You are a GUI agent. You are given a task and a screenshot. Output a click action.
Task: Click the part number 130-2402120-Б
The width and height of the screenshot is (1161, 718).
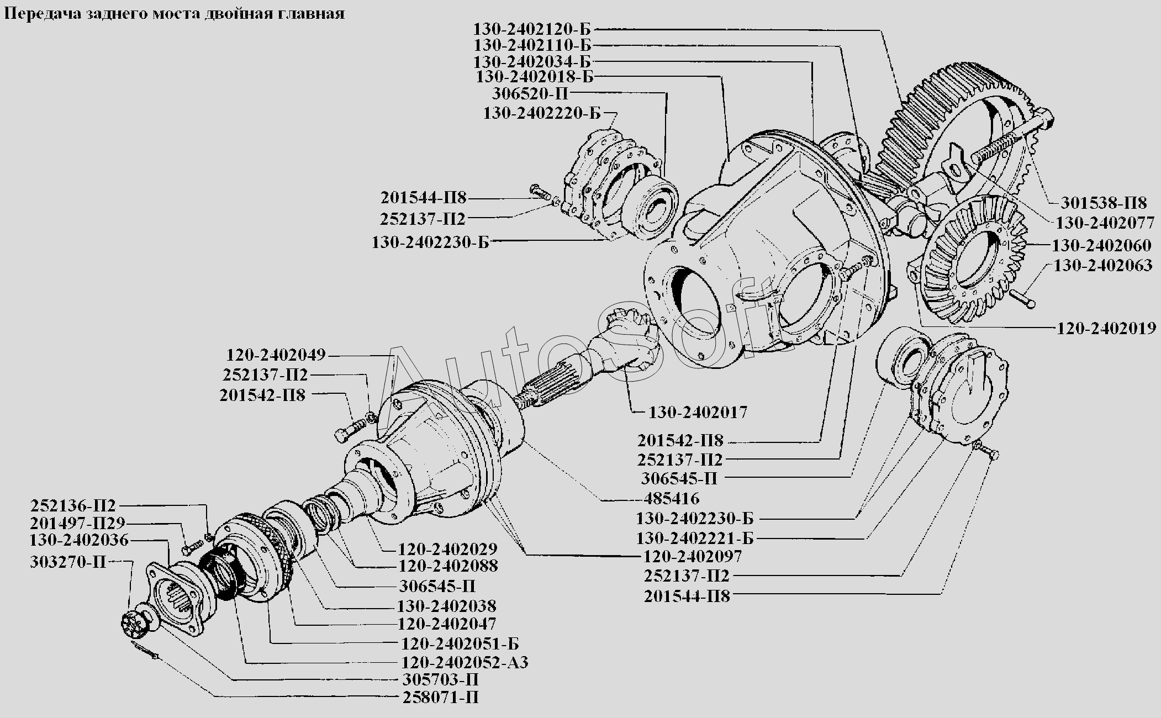pyautogui.click(x=531, y=29)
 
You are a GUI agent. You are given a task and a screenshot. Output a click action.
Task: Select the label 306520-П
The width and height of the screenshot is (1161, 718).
pyautogui.click(x=530, y=93)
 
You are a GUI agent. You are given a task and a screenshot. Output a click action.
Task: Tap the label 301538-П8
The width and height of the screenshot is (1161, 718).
pyautogui.click(x=1103, y=202)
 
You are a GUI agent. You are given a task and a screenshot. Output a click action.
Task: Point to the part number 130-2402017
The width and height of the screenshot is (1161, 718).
pyautogui.click(x=698, y=412)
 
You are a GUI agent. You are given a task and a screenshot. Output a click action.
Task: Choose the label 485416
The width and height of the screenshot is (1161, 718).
pyautogui.click(x=671, y=499)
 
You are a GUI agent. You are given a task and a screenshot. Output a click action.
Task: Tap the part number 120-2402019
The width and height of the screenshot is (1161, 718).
pyautogui.click(x=1106, y=328)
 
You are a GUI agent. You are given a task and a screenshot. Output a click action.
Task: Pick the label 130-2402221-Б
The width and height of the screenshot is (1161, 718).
pyautogui.click(x=695, y=538)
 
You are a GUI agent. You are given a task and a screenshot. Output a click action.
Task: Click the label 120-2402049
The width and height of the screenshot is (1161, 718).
pyautogui.click(x=276, y=355)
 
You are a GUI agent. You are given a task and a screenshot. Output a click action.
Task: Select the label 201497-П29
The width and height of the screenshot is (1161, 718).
pyautogui.click(x=78, y=523)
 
